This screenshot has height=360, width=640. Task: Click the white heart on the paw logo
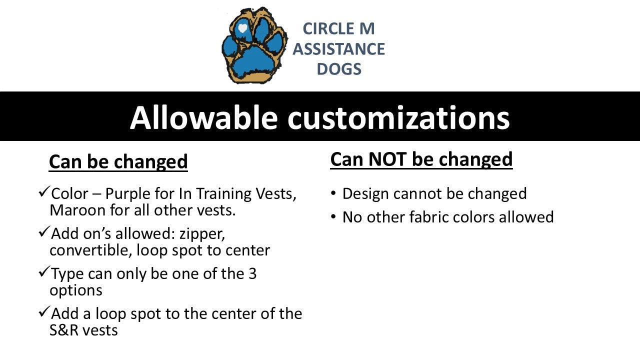click(x=242, y=28)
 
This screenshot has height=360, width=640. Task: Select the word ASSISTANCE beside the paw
click(x=339, y=49)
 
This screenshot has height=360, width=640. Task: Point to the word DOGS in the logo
click(x=339, y=69)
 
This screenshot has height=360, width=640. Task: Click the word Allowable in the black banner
click(x=203, y=117)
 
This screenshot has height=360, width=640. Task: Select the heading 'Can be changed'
click(x=118, y=162)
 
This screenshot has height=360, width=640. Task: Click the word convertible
click(x=90, y=250)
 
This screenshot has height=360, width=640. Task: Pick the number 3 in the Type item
click(x=252, y=273)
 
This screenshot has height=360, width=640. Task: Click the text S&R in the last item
click(x=64, y=330)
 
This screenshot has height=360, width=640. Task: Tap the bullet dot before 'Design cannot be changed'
click(x=333, y=193)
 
